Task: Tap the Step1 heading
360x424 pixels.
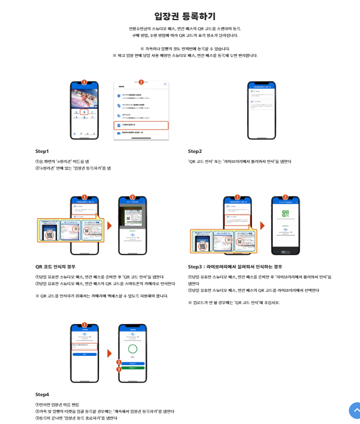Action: click(42, 151)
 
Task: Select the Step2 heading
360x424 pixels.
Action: click(195, 151)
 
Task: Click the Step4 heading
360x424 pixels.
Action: click(42, 394)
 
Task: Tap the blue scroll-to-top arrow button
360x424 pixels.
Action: click(355, 411)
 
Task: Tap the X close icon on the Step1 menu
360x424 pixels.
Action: click(165, 84)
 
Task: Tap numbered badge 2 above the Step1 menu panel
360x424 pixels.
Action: click(141, 81)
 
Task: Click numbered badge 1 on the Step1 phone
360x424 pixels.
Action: click(84, 81)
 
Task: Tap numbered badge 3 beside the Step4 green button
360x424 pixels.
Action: click(118, 369)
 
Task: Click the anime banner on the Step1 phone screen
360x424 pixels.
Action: click(84, 99)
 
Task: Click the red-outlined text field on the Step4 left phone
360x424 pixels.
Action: click(84, 346)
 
